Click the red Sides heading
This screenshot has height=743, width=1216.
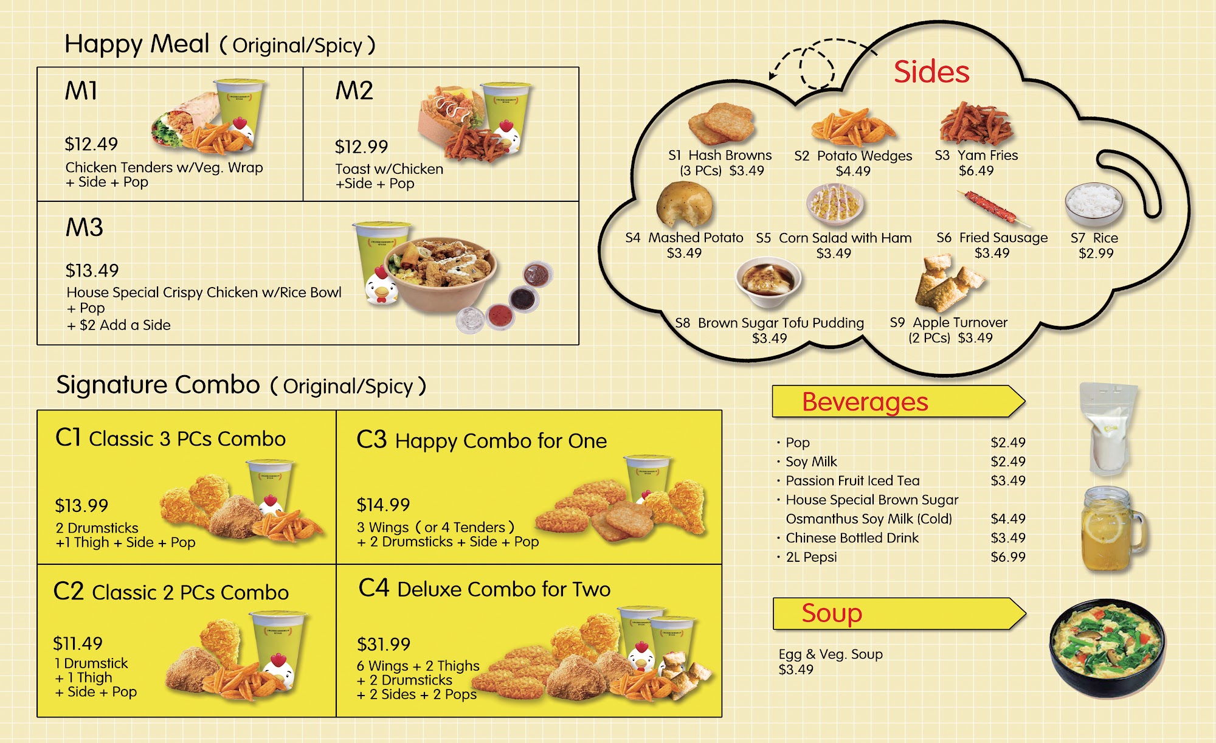point(931,72)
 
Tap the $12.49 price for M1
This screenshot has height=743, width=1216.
point(91,144)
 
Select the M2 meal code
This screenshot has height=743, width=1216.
point(354,91)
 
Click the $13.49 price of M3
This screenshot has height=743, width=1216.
point(92,271)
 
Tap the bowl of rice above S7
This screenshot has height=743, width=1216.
point(1093,204)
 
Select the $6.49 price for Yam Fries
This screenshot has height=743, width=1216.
point(976,171)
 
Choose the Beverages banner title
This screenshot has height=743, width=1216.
point(865,402)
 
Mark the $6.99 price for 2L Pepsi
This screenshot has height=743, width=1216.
point(1007,557)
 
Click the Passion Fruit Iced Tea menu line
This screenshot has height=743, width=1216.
point(852,481)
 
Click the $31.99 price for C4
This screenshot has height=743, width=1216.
point(383,645)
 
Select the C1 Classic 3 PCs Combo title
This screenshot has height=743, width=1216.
point(170,438)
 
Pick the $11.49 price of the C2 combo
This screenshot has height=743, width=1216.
point(78,643)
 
